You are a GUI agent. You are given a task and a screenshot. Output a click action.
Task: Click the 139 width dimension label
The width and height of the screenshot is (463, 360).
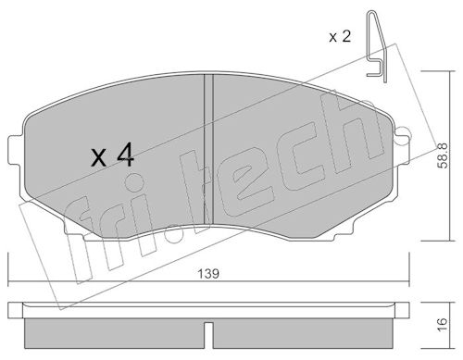click(x=208, y=274)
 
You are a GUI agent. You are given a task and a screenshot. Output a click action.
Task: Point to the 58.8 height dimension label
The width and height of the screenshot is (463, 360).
click(x=444, y=155)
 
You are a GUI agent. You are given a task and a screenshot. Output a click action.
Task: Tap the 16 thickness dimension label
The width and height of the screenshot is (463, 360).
click(x=442, y=324)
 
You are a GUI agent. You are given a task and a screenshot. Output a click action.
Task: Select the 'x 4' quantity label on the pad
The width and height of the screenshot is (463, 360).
click(x=112, y=155)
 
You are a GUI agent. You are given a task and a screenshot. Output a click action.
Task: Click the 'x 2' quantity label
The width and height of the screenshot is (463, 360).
click(x=340, y=37)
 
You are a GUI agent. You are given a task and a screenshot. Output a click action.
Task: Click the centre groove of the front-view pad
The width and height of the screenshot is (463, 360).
click(x=209, y=150)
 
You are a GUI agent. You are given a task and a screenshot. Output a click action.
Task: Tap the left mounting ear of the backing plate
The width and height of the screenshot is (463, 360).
click(x=16, y=149)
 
